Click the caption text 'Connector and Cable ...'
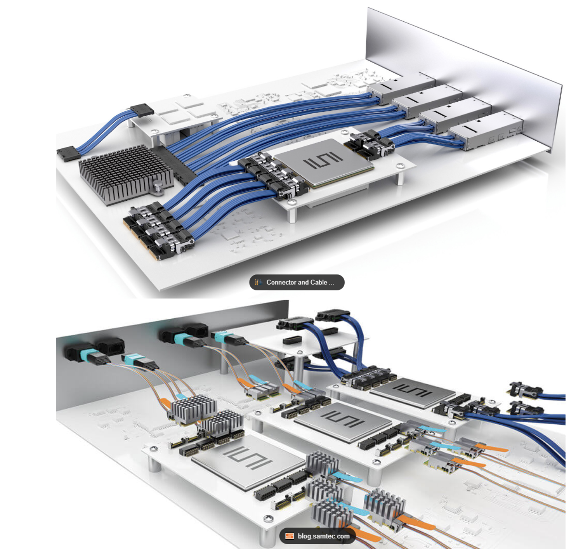click(300, 282)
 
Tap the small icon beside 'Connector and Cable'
click(259, 282)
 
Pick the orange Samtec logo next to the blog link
click(290, 536)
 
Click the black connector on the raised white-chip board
click(142, 110)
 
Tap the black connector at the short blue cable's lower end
click(69, 153)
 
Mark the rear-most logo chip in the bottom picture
click(412, 392)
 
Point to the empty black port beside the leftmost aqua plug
click(110, 347)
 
